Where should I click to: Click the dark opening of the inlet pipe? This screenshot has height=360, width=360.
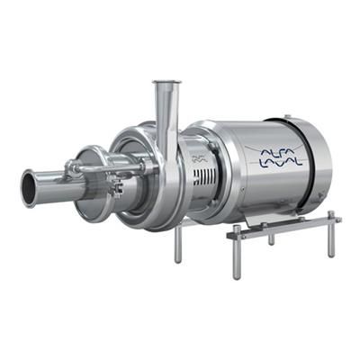click(29, 189)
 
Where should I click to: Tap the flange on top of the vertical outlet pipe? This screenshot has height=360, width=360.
click(167, 82)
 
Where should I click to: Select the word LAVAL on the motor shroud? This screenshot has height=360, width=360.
click(280, 163)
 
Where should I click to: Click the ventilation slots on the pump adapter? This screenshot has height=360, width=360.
click(205, 177)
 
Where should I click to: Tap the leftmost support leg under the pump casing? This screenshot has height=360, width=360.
click(178, 244)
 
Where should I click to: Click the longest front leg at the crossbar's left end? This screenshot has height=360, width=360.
click(237, 254)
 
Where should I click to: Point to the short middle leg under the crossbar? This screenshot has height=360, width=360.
click(272, 239)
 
